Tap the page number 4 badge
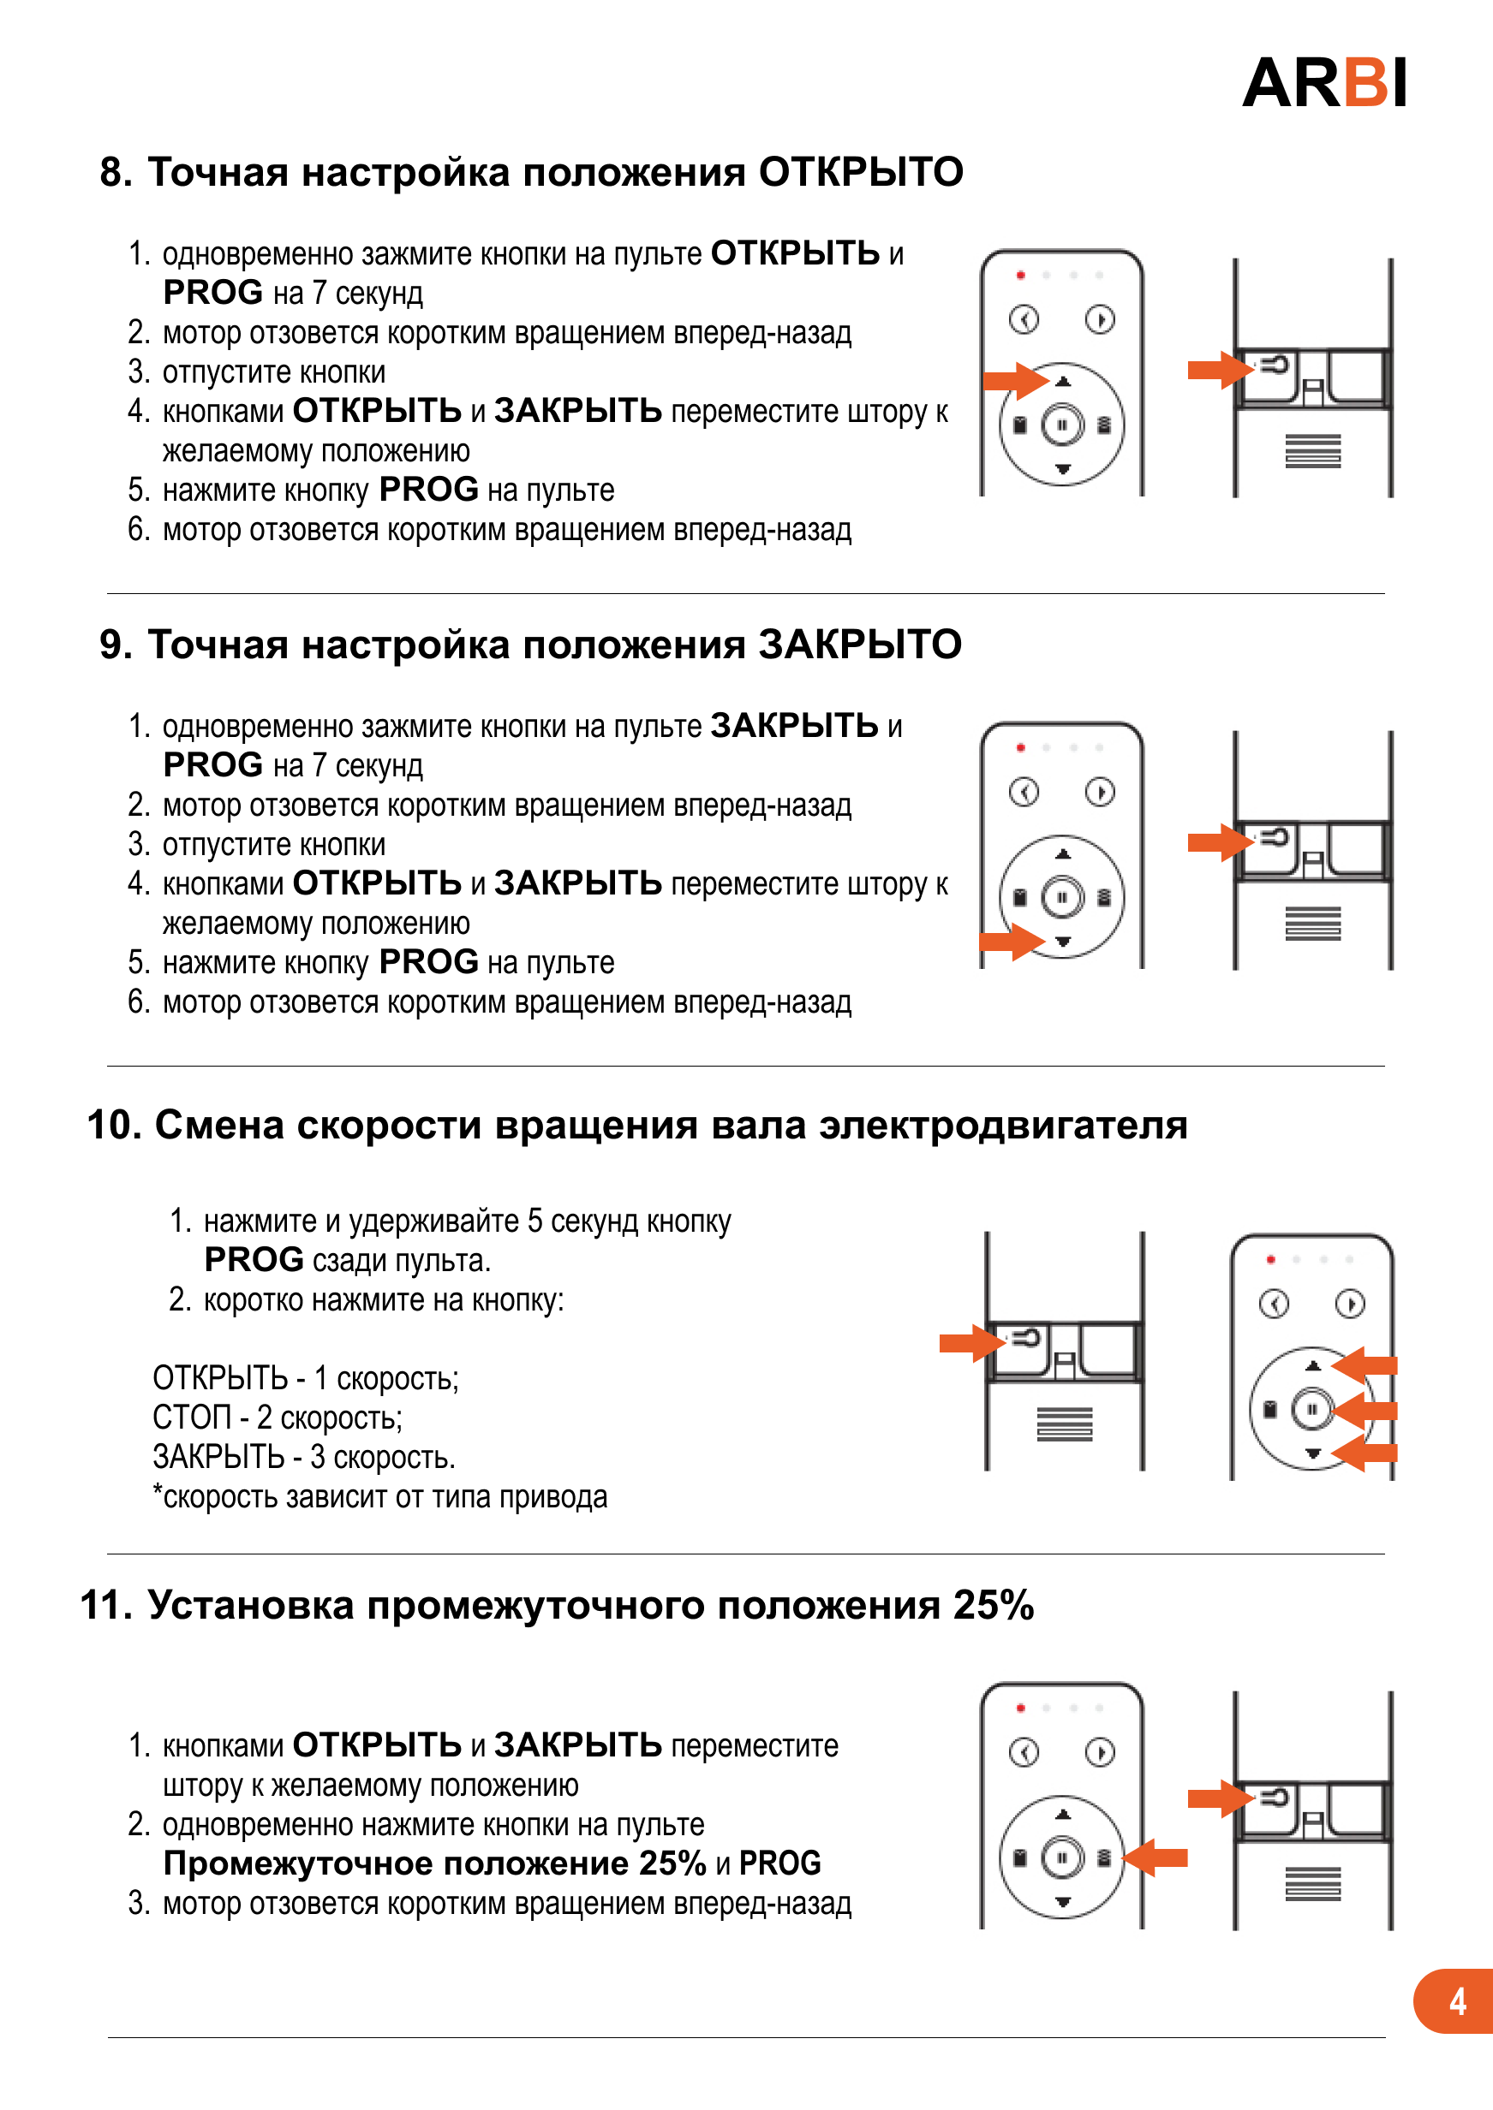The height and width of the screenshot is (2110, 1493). pyautogui.click(x=1455, y=2000)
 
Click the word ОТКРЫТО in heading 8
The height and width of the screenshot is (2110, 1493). pyautogui.click(x=861, y=173)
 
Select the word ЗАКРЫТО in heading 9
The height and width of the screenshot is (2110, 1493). pyautogui.click(x=860, y=645)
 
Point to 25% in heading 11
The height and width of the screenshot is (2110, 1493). pyautogui.click(x=993, y=1607)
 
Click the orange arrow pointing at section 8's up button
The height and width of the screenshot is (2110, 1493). pyautogui.click(x=1014, y=379)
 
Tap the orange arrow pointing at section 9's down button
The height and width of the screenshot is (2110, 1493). pyautogui.click(x=1012, y=942)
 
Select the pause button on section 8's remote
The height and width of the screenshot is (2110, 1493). pyautogui.click(x=1062, y=425)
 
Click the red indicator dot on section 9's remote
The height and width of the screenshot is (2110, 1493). pyautogui.click(x=1020, y=748)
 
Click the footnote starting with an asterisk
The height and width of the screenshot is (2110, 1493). pyautogui.click(x=379, y=1497)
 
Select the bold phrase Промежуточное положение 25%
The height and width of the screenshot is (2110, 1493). pyautogui.click(x=434, y=1863)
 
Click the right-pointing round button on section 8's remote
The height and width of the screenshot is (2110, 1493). pyautogui.click(x=1100, y=319)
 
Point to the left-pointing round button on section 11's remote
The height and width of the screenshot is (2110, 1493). pyautogui.click(x=1024, y=1751)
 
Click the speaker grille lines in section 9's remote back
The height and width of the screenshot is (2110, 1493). pyautogui.click(x=1313, y=923)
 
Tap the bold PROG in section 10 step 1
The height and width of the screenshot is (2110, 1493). pyautogui.click(x=254, y=1260)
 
